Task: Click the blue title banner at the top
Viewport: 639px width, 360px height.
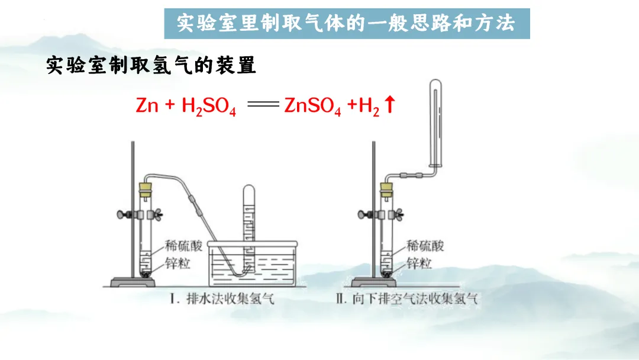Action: coord(347,24)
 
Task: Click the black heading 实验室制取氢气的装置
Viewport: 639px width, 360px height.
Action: coord(151,65)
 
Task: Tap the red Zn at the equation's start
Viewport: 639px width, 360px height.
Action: coord(147,105)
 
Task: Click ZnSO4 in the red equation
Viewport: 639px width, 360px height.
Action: coord(312,107)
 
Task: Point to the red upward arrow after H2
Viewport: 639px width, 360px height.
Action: coord(389,105)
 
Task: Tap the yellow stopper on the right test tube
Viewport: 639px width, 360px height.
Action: coord(386,189)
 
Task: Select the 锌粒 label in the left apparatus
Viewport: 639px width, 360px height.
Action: coord(176,263)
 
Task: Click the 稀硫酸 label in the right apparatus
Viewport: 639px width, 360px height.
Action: coord(424,245)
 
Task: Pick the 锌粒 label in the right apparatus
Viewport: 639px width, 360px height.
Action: coord(418,263)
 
